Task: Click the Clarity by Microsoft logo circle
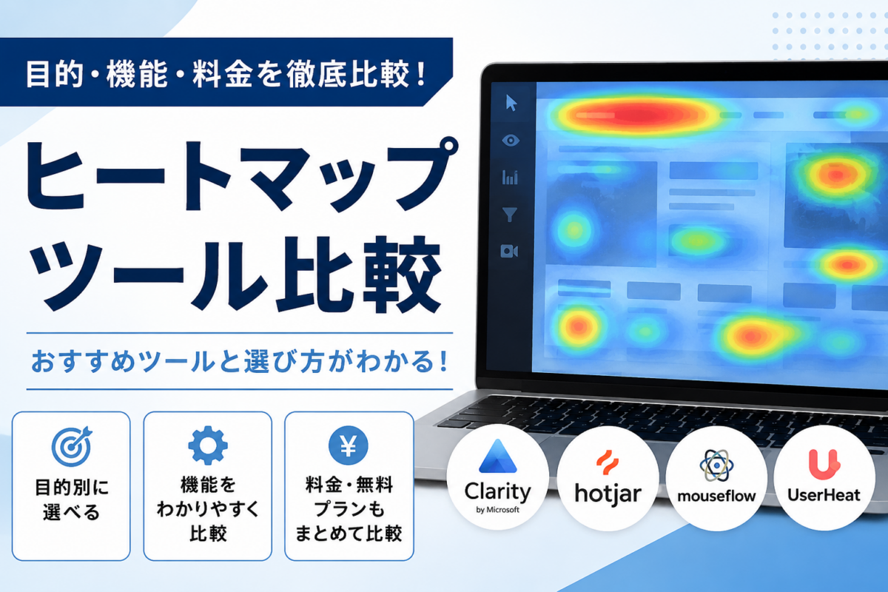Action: coord(497,477)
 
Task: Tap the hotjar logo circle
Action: coord(608,478)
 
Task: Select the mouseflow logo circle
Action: coord(716,478)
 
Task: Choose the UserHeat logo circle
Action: coord(824,478)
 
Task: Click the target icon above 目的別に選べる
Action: coord(72,446)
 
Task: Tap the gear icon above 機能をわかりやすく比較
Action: coord(208,445)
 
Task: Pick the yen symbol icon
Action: coord(349,445)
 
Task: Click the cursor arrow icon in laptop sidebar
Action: coord(511,103)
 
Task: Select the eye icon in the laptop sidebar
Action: coord(511,140)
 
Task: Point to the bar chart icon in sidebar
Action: coord(510,178)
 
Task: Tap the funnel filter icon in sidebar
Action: coord(509,215)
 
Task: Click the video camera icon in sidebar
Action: coord(509,252)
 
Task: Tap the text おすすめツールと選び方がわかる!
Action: coord(240,361)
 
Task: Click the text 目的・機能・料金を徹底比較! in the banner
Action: coord(226,73)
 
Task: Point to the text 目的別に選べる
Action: coord(71,499)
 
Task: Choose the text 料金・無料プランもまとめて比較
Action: coord(349,509)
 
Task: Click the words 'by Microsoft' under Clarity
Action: coord(497,510)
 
